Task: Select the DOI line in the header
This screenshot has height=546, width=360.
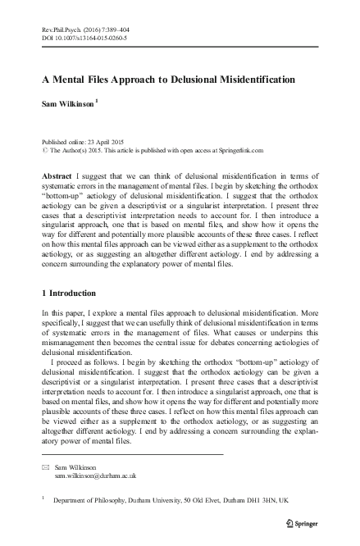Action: pos(84,38)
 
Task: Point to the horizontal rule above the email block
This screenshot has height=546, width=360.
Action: pos(131,453)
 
